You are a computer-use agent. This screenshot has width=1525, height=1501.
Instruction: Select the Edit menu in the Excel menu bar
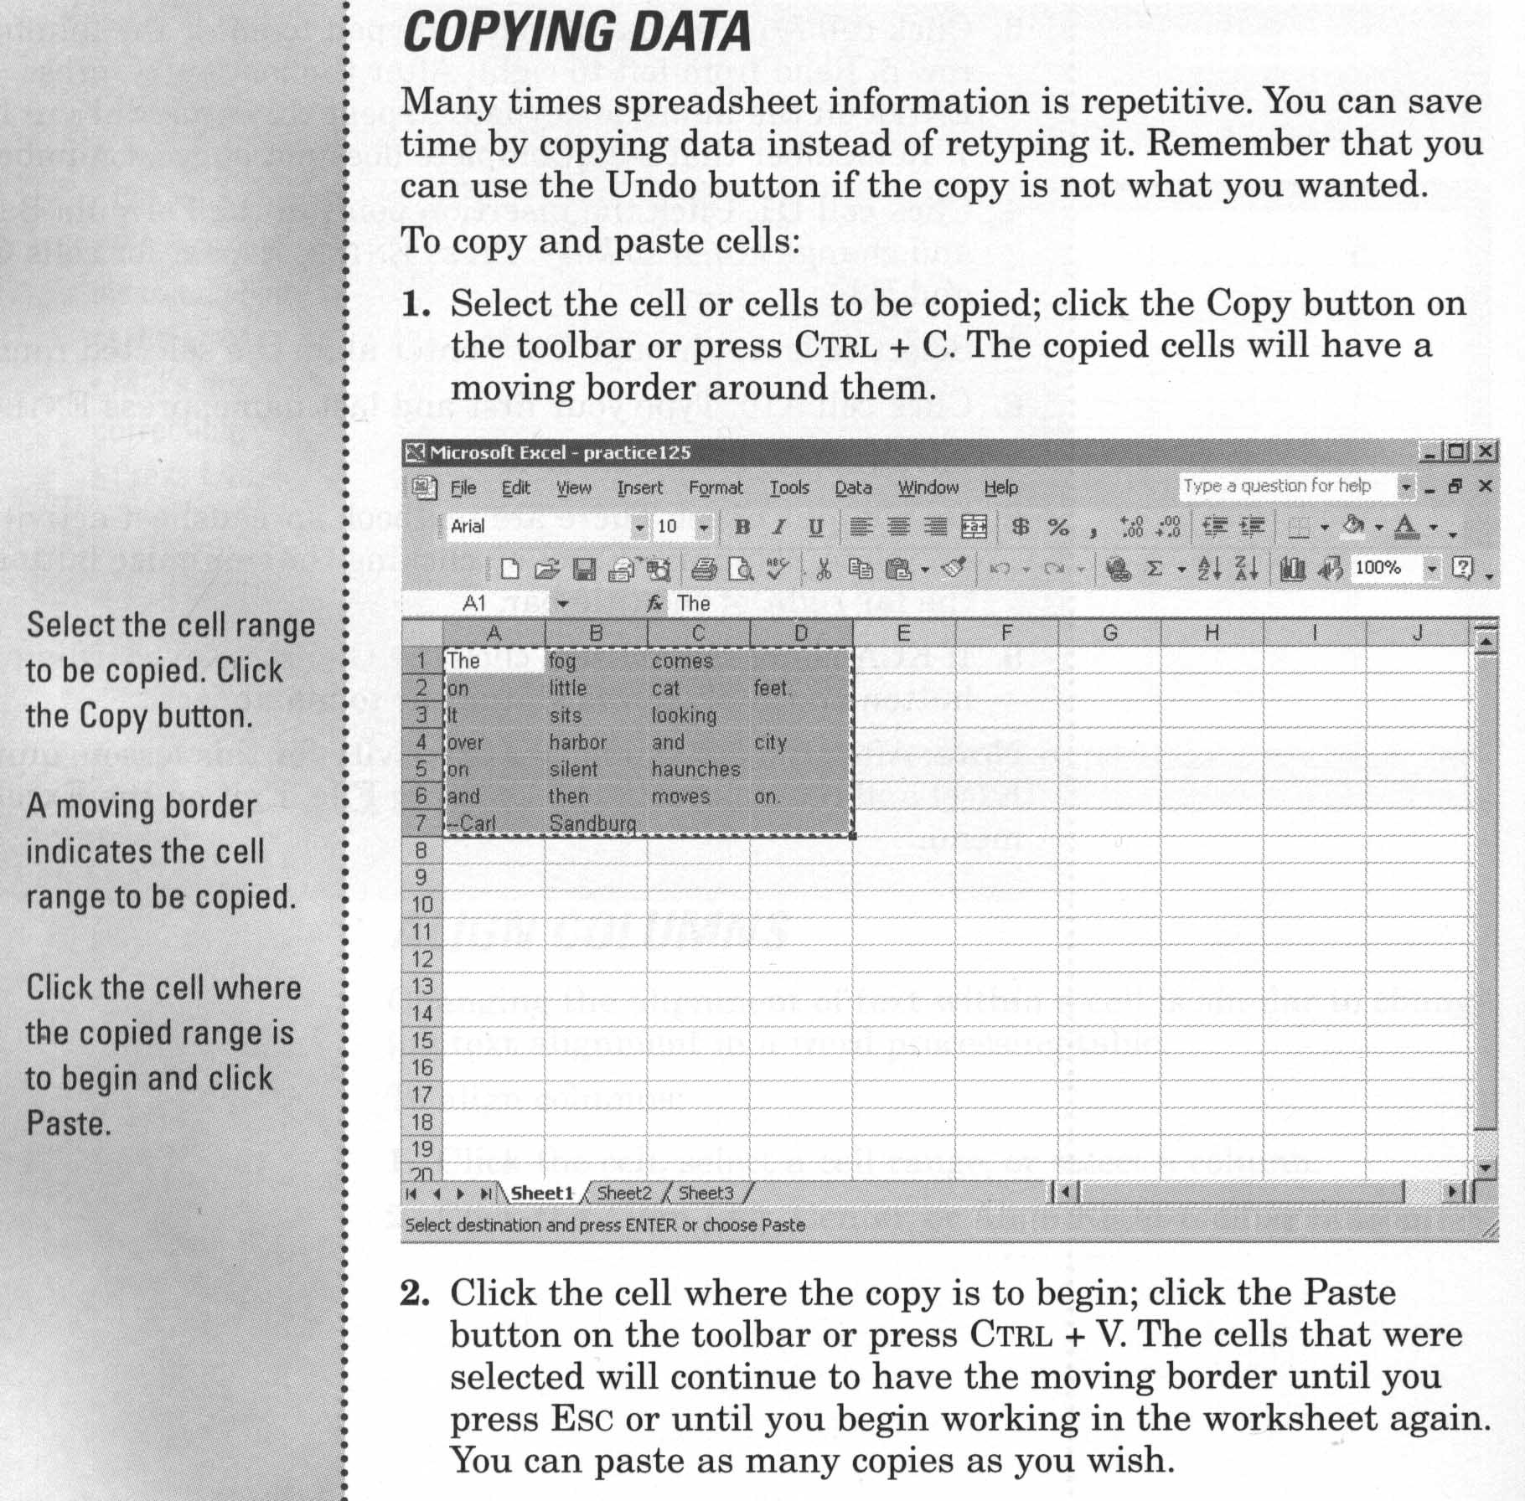tap(515, 488)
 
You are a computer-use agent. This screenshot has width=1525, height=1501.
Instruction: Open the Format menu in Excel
tap(715, 488)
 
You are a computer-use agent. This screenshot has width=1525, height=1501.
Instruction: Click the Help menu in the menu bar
tap(1000, 488)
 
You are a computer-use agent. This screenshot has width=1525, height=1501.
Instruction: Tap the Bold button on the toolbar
tap(742, 528)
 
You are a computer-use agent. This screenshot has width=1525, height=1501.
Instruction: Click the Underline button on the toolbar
tap(815, 528)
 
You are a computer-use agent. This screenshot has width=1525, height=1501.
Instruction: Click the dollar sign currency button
tap(1020, 528)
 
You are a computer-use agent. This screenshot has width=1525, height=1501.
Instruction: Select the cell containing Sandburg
tap(592, 824)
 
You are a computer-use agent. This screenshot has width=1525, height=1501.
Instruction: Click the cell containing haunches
tap(695, 770)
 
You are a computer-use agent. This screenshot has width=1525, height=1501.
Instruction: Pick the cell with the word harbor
tap(578, 743)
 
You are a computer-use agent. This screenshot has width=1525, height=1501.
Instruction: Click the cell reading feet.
tap(772, 689)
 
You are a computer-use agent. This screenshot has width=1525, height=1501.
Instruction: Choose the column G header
tap(1109, 633)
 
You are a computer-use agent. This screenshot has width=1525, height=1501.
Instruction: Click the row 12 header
tap(421, 959)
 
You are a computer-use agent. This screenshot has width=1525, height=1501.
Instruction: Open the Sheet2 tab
tap(623, 1194)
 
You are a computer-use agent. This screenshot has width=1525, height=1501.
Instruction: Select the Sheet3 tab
tap(706, 1194)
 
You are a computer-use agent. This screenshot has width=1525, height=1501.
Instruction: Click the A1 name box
tap(475, 604)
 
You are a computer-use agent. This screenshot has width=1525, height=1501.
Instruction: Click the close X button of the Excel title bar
tap(1485, 452)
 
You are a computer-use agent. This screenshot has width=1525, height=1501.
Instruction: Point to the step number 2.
tap(415, 1293)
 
